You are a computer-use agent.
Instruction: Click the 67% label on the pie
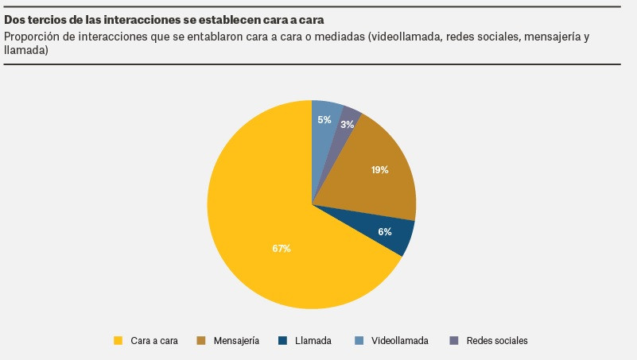pyautogui.click(x=282, y=249)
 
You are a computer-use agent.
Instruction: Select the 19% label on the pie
pyautogui.click(x=379, y=170)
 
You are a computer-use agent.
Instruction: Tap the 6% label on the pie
pyautogui.click(x=385, y=232)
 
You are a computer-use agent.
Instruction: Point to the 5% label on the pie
pyautogui.click(x=324, y=119)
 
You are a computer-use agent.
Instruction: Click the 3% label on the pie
pyautogui.click(x=347, y=125)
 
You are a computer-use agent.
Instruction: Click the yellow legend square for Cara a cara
pyautogui.click(x=118, y=341)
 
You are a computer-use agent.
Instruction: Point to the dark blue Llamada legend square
pyautogui.click(x=282, y=341)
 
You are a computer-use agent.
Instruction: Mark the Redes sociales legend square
pyautogui.click(x=454, y=341)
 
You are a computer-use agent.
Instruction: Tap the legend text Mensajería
pyautogui.click(x=236, y=341)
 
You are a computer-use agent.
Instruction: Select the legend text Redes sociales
pyautogui.click(x=497, y=341)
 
